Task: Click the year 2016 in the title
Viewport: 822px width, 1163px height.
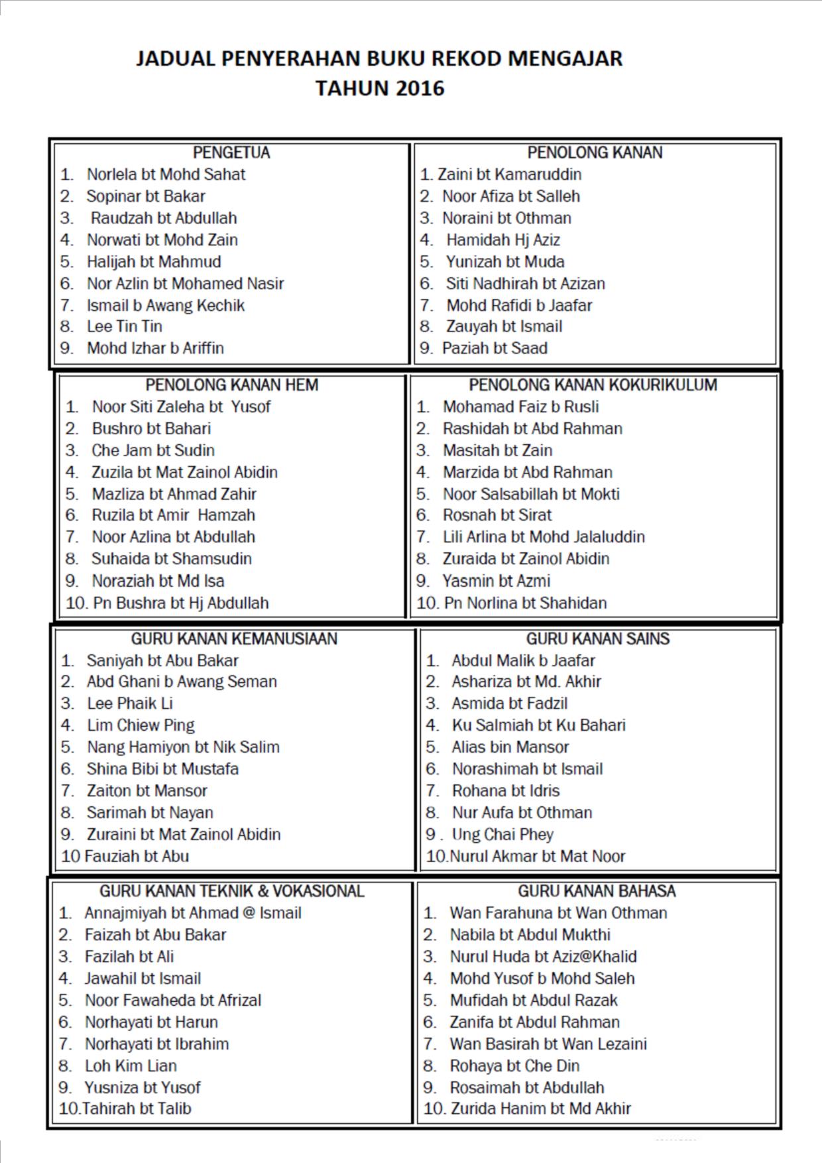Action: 418,89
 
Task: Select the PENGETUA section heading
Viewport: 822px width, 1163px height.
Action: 231,153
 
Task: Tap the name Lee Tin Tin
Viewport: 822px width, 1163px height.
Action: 125,326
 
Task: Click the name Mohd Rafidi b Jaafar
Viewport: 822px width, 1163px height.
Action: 519,305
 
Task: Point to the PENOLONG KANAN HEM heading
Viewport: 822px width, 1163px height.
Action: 231,385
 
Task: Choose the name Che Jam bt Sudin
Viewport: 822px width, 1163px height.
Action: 153,450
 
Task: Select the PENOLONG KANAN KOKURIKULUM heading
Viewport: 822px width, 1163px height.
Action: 593,385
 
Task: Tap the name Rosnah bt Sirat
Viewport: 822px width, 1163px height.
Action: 497,515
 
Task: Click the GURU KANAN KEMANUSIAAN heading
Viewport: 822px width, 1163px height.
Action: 234,639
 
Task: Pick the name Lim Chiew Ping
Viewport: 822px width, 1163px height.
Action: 141,725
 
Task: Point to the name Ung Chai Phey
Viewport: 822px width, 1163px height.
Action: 502,834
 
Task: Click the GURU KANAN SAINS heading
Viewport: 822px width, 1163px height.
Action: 597,639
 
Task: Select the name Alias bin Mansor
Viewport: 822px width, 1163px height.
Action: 510,747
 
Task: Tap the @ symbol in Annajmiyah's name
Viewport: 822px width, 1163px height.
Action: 249,913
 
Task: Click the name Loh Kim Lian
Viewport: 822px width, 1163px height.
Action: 131,1066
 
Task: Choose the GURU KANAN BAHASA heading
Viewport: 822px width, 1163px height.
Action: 597,890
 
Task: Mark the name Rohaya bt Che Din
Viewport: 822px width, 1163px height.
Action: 514,1066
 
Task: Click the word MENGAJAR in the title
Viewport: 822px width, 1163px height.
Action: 565,59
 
